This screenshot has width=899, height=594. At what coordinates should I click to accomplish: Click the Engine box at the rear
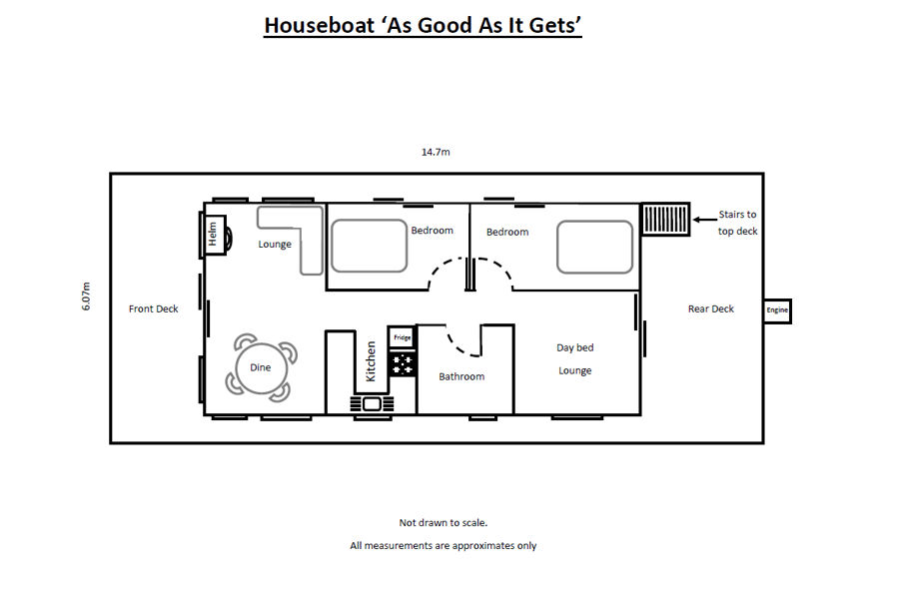click(x=777, y=311)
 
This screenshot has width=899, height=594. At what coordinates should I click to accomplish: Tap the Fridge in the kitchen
click(x=402, y=337)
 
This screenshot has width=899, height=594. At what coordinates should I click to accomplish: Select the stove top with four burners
click(x=402, y=364)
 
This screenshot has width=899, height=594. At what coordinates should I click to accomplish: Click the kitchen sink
click(x=372, y=404)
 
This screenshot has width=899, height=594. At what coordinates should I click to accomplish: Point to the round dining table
click(x=261, y=367)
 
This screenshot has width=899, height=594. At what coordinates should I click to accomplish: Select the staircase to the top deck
click(x=665, y=219)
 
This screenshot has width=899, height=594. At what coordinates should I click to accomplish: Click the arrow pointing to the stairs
click(x=704, y=220)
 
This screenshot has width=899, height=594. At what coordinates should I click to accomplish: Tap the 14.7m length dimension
click(x=436, y=152)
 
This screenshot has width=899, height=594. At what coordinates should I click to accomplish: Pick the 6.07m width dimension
click(x=86, y=297)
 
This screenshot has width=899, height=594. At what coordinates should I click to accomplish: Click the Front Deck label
click(x=153, y=308)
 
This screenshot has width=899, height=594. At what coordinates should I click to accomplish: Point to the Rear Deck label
click(x=711, y=308)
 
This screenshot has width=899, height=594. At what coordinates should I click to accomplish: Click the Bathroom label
click(x=461, y=376)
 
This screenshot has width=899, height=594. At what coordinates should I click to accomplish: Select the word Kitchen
click(x=371, y=361)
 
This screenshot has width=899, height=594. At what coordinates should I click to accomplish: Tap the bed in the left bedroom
click(x=370, y=246)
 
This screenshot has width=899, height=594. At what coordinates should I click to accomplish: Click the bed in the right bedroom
click(x=594, y=247)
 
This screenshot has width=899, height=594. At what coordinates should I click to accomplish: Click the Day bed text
click(x=575, y=347)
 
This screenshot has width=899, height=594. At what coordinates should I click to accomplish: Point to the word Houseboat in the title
click(x=320, y=25)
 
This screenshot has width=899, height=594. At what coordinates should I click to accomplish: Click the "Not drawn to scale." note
click(x=444, y=522)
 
